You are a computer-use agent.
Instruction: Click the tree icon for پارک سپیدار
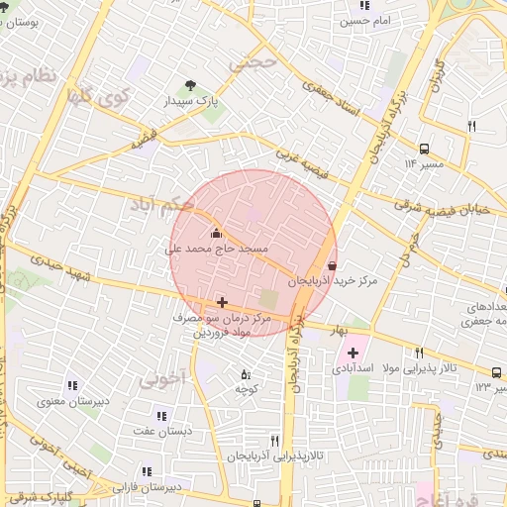(190, 85)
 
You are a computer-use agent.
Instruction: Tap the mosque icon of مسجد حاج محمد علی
(217, 234)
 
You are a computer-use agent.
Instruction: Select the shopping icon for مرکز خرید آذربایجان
(331, 265)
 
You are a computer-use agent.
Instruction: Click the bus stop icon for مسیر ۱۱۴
(424, 149)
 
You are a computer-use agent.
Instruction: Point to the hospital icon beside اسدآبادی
(353, 353)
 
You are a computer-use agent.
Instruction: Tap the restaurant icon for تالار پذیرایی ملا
(420, 353)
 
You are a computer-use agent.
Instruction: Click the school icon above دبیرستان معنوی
(71, 385)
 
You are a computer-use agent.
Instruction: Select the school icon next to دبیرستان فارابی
(147, 471)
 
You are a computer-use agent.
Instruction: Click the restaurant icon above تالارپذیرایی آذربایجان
(275, 441)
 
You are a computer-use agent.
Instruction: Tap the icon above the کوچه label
(246, 374)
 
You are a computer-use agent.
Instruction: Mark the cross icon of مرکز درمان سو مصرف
(221, 302)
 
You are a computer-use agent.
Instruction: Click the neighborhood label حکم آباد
(160, 205)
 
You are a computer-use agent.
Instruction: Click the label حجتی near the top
(254, 62)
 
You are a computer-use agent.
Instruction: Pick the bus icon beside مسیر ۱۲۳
(495, 372)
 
